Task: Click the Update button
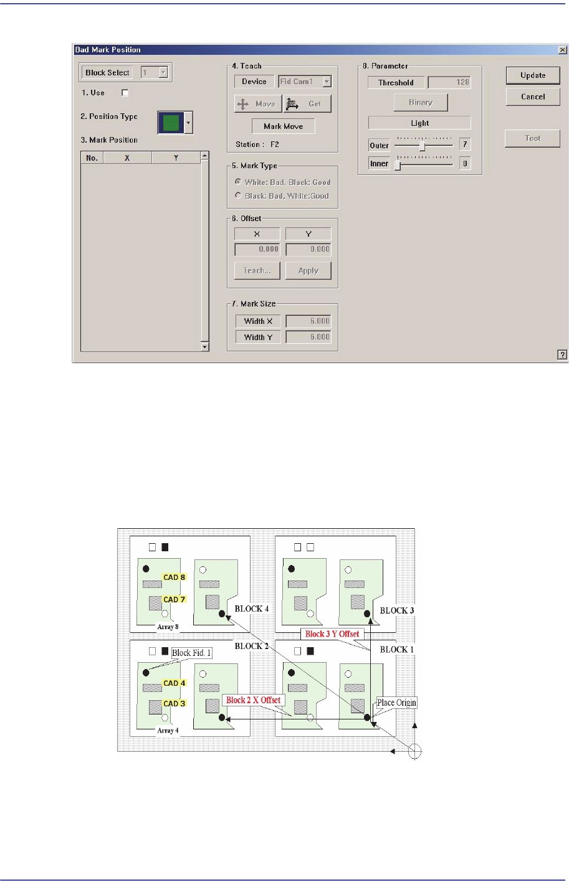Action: tap(533, 75)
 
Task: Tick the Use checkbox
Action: tap(125, 93)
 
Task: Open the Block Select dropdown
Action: tap(163, 73)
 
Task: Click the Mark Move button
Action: tap(283, 126)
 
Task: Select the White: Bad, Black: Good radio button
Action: tap(238, 182)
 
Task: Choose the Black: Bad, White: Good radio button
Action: tap(238, 196)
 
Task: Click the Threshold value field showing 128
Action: tap(449, 82)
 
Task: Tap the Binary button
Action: tap(421, 102)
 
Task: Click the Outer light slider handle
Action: tap(422, 145)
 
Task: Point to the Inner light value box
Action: tap(464, 163)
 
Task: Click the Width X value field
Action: tap(308, 321)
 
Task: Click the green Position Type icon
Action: tap(171, 123)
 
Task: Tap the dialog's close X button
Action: tap(562, 50)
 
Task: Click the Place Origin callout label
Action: tap(396, 703)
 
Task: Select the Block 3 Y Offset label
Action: tap(332, 634)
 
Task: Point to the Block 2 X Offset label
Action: tap(253, 700)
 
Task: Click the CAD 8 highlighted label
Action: tap(175, 577)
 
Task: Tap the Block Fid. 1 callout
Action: tap(191, 653)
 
